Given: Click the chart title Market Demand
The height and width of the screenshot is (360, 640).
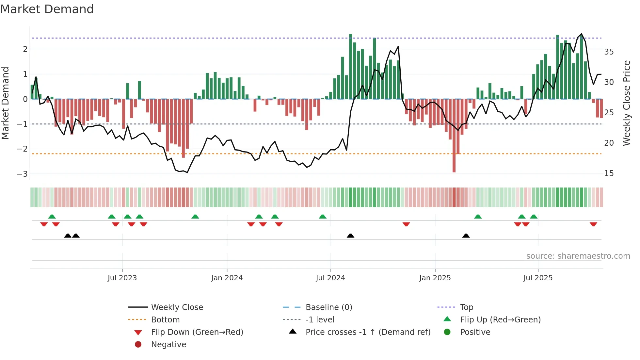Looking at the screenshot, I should click(x=47, y=9).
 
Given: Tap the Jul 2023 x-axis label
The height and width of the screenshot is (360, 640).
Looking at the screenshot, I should click(x=122, y=278).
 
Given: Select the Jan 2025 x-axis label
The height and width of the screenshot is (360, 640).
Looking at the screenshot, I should click(x=435, y=278).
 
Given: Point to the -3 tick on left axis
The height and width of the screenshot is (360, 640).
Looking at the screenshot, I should click(x=22, y=174).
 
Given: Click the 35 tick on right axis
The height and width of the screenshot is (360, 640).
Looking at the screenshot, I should click(x=609, y=52).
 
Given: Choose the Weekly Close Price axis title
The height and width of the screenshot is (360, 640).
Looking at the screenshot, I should click(x=626, y=103).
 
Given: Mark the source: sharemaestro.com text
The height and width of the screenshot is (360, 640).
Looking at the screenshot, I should click(x=578, y=256).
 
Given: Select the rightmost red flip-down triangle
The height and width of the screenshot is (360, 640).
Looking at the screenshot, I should click(x=593, y=224).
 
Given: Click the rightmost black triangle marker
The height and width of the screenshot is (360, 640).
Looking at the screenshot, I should click(x=466, y=236).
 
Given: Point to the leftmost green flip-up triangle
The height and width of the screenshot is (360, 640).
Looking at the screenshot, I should click(x=52, y=217).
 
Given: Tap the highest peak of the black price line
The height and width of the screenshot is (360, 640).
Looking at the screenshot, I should click(x=582, y=34).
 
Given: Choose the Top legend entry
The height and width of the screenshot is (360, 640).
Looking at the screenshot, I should click(x=466, y=307).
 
